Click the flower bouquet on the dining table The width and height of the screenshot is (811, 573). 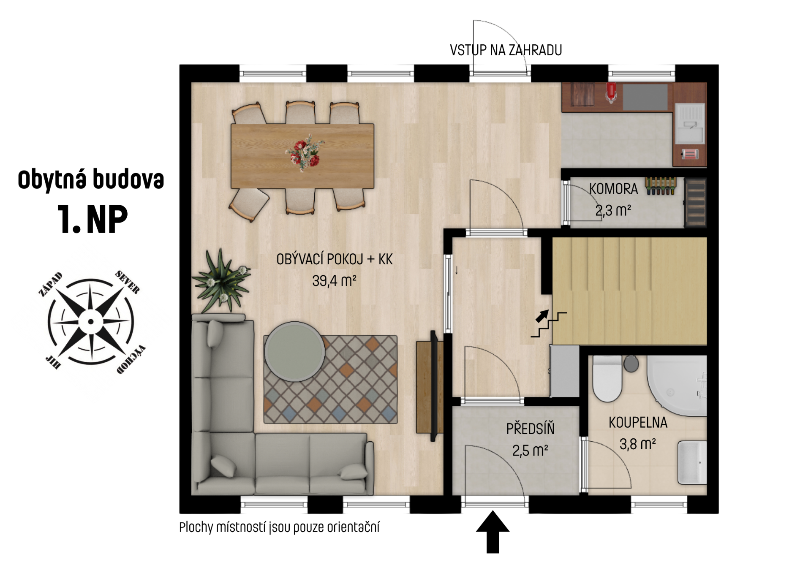coord(305,153)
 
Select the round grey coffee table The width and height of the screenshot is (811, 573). coord(295,352)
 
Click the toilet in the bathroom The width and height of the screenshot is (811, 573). coord(607,378)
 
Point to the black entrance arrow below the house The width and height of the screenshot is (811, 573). coord(493,532)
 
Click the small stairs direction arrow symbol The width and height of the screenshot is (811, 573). coord(542,316)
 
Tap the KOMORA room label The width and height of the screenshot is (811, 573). coord(613,189)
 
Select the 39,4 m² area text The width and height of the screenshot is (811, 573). coord(334,281)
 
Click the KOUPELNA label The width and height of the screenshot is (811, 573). coord(638,423)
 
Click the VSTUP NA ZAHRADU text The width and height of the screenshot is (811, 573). coord(506,50)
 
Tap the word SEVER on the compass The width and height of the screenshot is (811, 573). coord(127,282)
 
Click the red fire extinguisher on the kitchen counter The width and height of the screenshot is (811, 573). coord(611,93)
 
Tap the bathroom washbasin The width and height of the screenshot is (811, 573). coord(692,463)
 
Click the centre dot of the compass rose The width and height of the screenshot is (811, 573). coord(91,322)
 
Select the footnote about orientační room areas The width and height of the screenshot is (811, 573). coord(279,527)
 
